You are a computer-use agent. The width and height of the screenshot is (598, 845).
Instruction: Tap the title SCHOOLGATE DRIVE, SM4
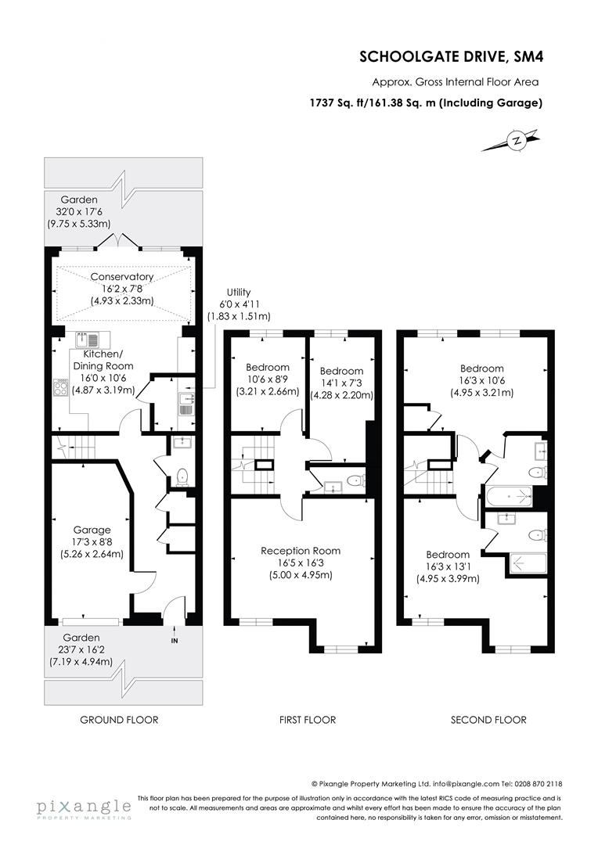450,56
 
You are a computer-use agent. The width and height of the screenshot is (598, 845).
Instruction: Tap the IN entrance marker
174,641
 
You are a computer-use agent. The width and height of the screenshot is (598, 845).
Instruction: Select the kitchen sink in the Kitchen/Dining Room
87,340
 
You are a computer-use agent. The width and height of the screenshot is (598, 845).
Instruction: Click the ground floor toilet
182,476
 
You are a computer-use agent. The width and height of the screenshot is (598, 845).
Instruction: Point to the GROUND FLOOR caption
120,720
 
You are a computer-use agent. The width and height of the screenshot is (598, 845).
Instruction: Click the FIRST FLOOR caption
308,720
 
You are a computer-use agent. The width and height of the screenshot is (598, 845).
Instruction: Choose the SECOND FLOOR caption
488,720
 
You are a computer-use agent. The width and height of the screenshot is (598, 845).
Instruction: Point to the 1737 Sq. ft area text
426,102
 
